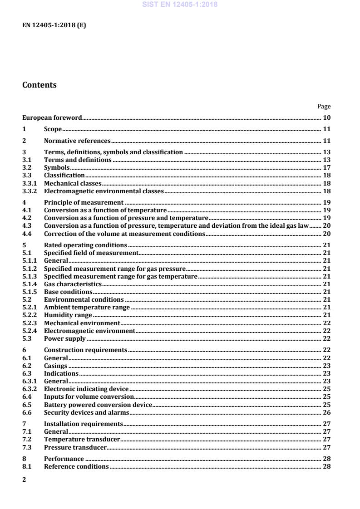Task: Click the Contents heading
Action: [x=39, y=85]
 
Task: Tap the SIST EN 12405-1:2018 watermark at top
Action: [x=180, y=5]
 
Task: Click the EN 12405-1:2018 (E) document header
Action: [x=54, y=25]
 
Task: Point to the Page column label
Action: [x=324, y=107]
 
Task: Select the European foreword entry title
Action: [x=52, y=118]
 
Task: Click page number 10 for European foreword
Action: [x=326, y=118]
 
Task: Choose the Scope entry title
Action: [x=53, y=129]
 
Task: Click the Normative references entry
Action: [x=77, y=141]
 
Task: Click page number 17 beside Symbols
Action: [x=326, y=167]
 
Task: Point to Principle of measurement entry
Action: [x=84, y=202]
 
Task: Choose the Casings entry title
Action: [x=55, y=365]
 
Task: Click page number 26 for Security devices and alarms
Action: [x=326, y=412]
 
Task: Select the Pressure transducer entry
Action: [x=75, y=447]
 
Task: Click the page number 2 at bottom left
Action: [x=25, y=480]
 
